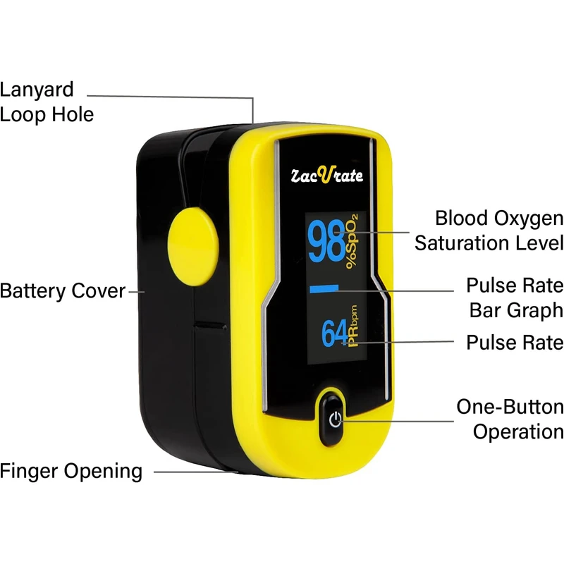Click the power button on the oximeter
336,420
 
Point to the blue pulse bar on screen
324,288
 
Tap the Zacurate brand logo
329,174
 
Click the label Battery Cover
62,290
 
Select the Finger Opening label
70,471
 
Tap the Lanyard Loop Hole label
47,102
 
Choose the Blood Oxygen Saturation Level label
489,231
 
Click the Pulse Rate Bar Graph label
515,298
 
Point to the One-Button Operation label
510,419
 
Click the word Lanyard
37,90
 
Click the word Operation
518,431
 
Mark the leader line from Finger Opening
190,471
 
